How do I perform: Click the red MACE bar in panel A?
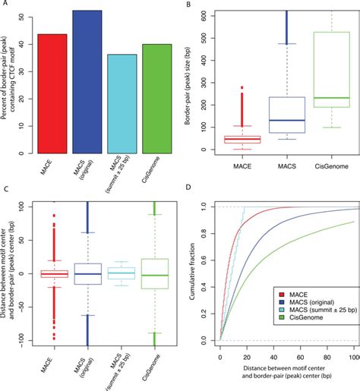(x=52, y=91)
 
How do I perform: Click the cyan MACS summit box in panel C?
(x=121, y=273)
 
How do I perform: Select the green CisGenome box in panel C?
(x=155, y=273)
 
